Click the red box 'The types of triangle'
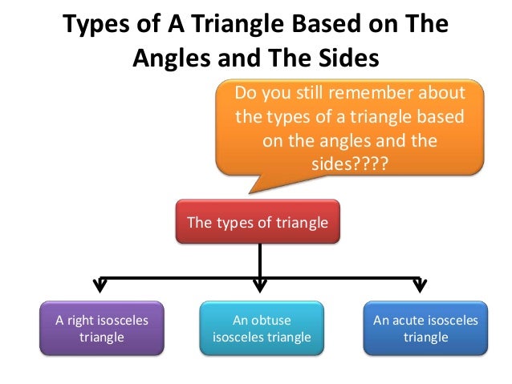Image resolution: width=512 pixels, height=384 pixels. pos(258,222)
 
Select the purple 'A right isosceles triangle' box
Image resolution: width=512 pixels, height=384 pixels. pos(101,328)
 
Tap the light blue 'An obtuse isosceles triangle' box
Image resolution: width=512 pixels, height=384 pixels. pos(261,328)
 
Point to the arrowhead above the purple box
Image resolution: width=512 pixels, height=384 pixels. pos(100,285)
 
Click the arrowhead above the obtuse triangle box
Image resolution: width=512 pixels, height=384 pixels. pos(259,285)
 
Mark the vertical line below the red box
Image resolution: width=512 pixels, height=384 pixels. pos(259,260)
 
